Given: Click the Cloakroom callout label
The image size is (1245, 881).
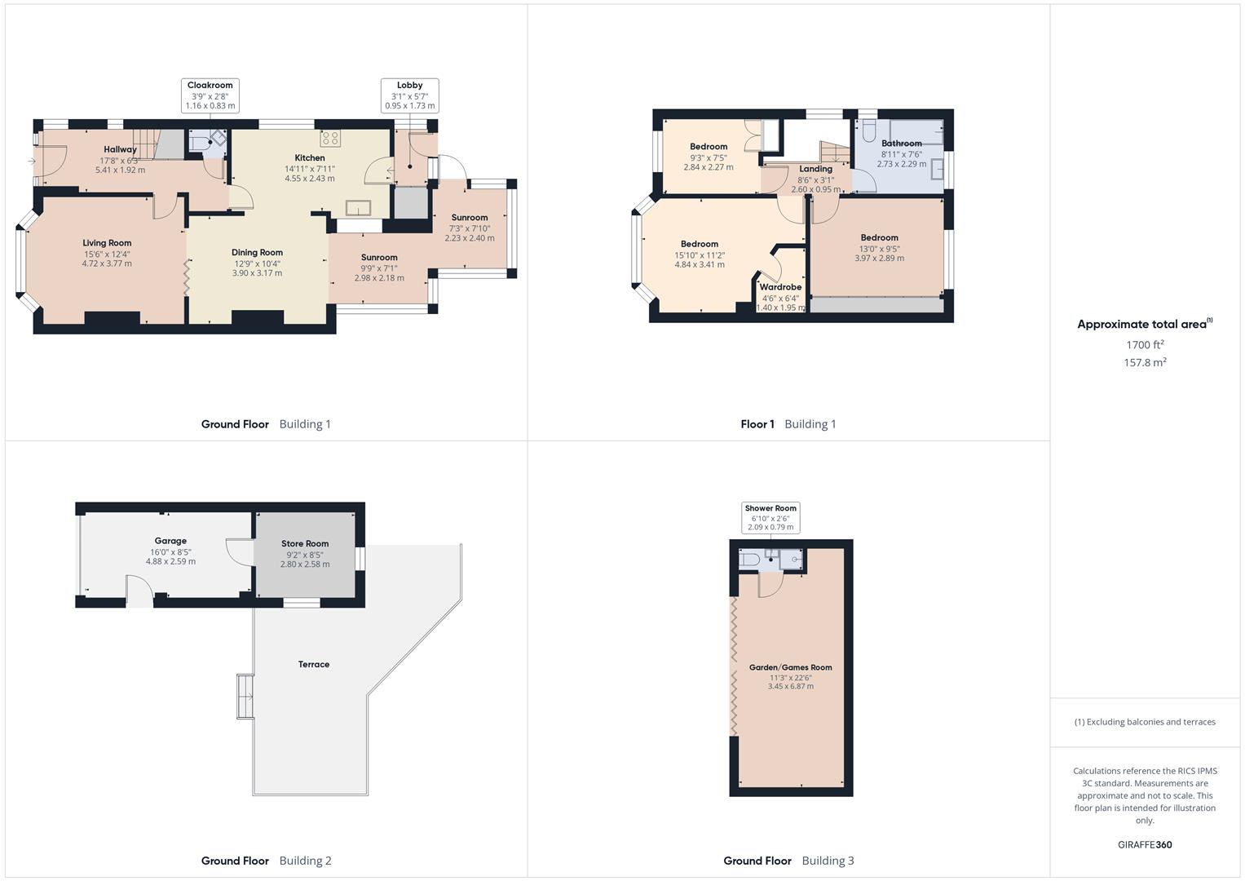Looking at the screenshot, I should (x=210, y=86).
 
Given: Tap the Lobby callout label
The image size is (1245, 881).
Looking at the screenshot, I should (x=409, y=86).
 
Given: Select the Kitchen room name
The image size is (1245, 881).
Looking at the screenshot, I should (x=310, y=158).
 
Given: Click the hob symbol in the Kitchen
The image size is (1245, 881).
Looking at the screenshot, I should (x=330, y=137).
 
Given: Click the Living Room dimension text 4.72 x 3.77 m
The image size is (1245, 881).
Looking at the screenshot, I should (x=107, y=263).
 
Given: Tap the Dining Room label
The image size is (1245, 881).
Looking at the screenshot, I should (x=257, y=253).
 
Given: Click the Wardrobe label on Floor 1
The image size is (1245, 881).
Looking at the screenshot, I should (x=780, y=287).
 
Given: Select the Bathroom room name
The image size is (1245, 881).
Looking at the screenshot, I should (x=901, y=144).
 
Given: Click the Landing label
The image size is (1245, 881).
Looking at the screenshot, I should (x=815, y=169).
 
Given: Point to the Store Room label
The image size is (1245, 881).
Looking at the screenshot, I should (x=305, y=544).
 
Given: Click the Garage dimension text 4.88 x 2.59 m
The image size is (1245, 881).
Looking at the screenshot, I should (x=170, y=561).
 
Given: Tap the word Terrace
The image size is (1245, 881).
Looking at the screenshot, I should (x=314, y=665).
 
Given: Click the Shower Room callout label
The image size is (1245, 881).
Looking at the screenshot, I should (x=770, y=508).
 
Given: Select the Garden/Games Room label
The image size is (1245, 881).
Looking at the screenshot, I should (x=790, y=667).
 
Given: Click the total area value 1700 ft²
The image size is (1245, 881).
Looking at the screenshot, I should (x=1145, y=345).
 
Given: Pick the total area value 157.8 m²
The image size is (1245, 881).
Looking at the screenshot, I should (x=1145, y=363).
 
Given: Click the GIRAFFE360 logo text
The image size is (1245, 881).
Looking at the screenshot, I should (x=1145, y=844).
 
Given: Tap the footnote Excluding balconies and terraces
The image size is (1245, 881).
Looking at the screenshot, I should (x=1145, y=722).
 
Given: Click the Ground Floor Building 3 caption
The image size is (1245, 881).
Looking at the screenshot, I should (x=788, y=861).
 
